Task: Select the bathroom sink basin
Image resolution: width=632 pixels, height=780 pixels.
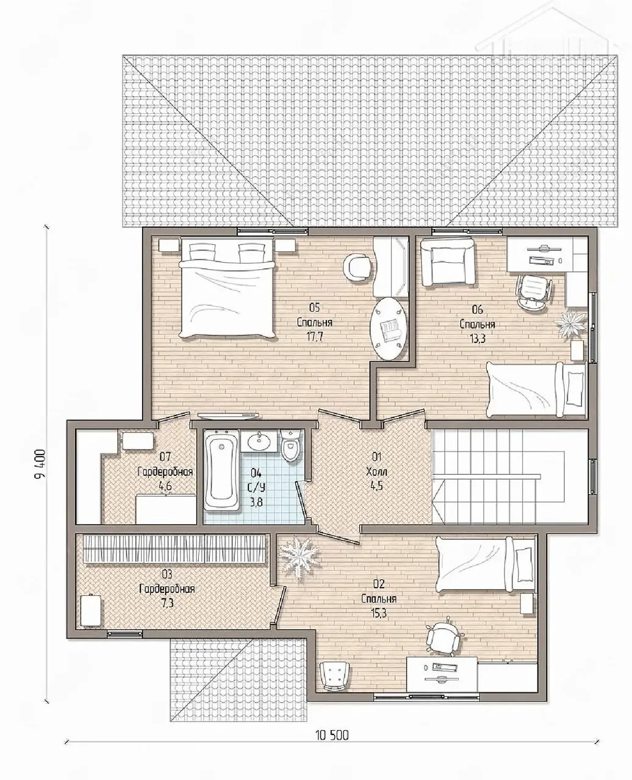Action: point(259,441)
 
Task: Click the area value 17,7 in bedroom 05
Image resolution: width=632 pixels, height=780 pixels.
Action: point(315,336)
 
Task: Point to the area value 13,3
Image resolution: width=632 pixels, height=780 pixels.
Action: point(477,338)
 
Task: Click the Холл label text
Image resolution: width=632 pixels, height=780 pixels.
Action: point(376,472)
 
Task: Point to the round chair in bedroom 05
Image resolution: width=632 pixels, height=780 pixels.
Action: point(357,268)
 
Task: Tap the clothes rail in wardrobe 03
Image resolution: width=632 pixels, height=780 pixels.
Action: point(174,549)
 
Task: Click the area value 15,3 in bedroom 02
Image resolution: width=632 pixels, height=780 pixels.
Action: point(379,612)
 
